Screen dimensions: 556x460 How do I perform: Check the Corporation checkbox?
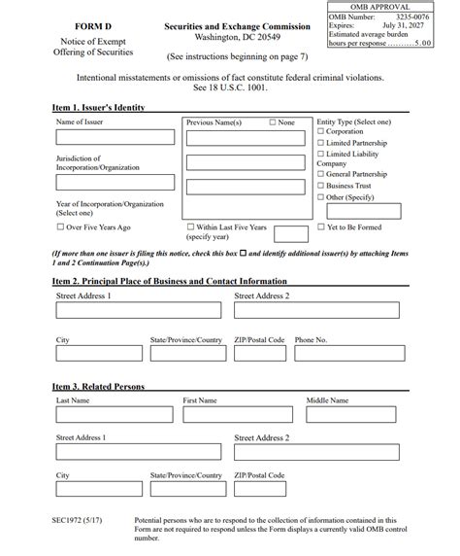click(x=321, y=131)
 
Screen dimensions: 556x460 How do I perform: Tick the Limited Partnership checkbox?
click(x=321, y=143)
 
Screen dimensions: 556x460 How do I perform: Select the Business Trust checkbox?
click(x=321, y=185)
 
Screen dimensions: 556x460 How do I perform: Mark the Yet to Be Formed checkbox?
click(x=321, y=226)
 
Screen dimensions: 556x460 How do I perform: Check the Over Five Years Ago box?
click(x=60, y=226)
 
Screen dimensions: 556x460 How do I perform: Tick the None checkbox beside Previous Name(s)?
click(x=273, y=122)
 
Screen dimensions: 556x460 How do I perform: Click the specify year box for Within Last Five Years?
click(x=291, y=233)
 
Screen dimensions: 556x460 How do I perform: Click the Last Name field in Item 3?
click(x=113, y=415)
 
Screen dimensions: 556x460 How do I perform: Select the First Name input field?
click(x=237, y=415)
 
